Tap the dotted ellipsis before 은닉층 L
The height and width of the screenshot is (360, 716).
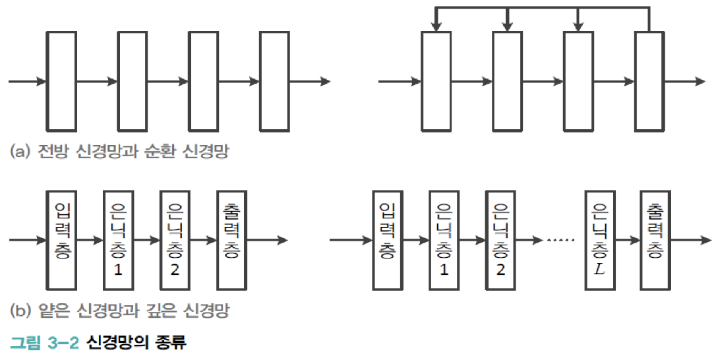(561, 240)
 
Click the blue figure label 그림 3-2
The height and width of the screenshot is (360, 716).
(44, 343)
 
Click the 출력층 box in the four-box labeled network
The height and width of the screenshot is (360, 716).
(231, 240)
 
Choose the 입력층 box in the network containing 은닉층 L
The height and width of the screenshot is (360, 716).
(387, 240)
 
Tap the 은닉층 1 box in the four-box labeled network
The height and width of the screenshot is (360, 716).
(118, 240)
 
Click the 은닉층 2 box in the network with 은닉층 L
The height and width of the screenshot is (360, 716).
(500, 240)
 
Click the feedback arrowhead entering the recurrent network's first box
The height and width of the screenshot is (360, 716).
(436, 26)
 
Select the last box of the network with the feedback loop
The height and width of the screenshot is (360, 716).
(649, 81)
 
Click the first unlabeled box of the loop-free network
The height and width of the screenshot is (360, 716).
(61, 81)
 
